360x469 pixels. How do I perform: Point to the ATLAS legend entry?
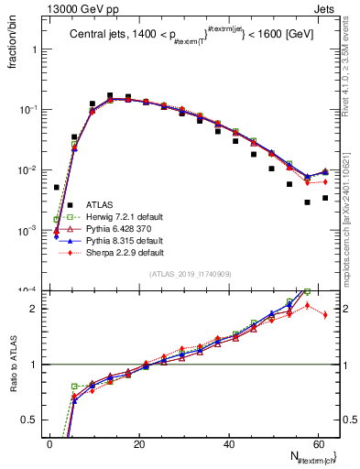99,204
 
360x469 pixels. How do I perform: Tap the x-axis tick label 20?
138,444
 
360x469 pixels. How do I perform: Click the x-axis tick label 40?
229,444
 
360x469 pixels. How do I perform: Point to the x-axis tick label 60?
320,444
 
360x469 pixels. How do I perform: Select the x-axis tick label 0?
49,444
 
